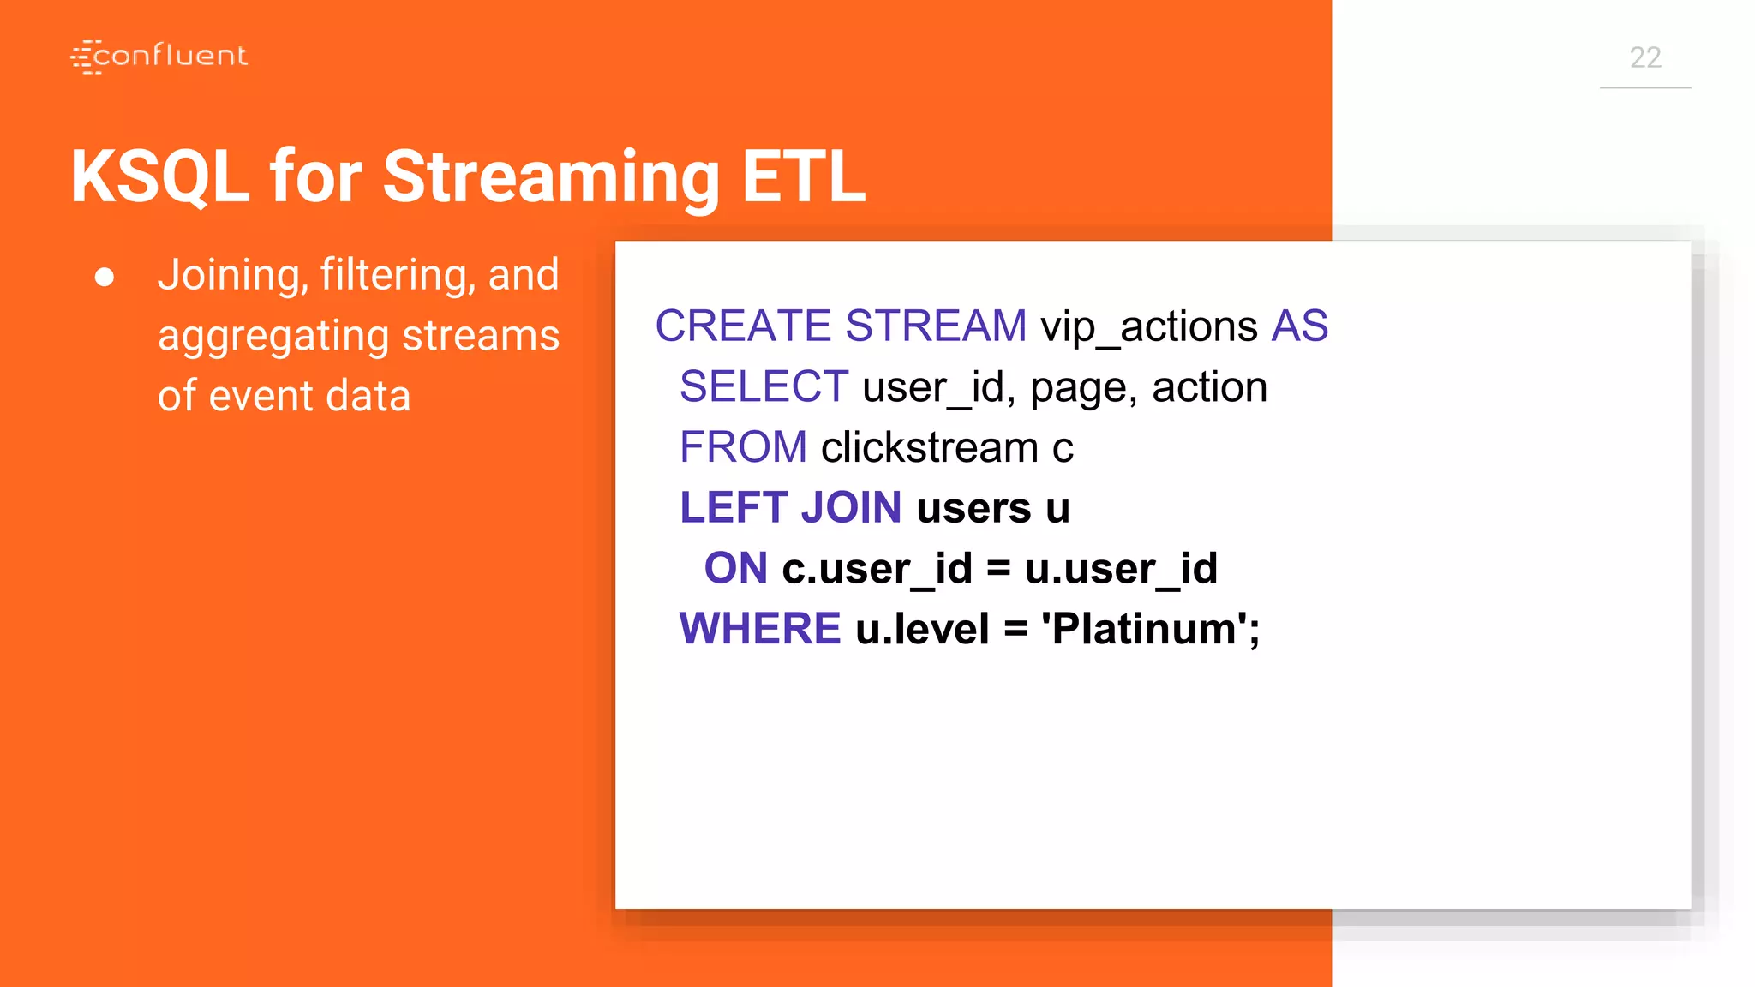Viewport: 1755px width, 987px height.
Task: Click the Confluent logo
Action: pyautogui.click(x=159, y=57)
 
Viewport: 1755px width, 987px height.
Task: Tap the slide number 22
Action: pyautogui.click(x=1644, y=57)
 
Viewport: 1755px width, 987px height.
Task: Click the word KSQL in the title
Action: pyautogui.click(x=159, y=176)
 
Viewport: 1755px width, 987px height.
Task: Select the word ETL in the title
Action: pyautogui.click(x=803, y=176)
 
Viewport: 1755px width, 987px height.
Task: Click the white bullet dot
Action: pyautogui.click(x=105, y=277)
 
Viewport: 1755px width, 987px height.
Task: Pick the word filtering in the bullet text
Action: pyautogui.click(x=398, y=276)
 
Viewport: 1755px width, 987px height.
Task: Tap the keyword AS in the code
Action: pyautogui.click(x=1299, y=326)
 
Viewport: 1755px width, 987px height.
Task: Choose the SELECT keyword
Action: pyautogui.click(x=764, y=386)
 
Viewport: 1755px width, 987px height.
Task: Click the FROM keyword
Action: pyautogui.click(x=743, y=447)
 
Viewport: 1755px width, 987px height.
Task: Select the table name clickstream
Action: pyautogui.click(x=929, y=447)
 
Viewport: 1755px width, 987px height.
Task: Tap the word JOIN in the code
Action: pyautogui.click(x=851, y=507)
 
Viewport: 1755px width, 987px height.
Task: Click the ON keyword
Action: pyautogui.click(x=735, y=568)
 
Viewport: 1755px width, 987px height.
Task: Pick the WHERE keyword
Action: pyautogui.click(x=759, y=629)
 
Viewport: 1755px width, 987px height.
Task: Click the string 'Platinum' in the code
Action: pyautogui.click(x=1143, y=629)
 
